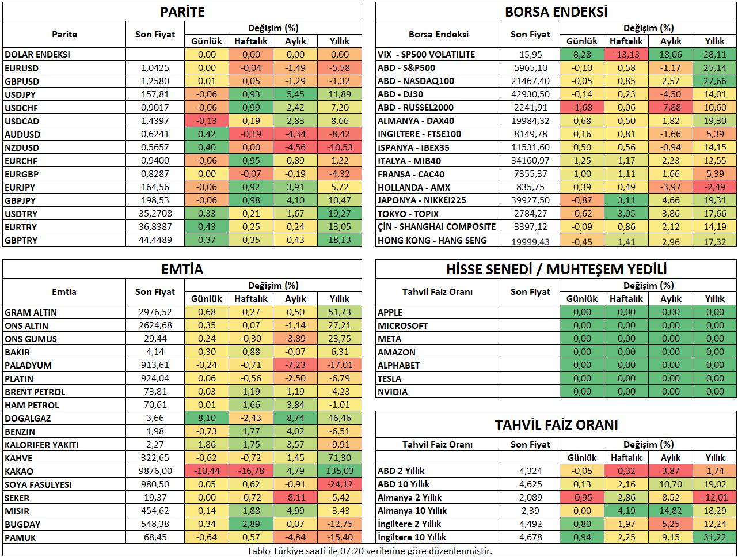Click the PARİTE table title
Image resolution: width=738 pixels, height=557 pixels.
(x=182, y=12)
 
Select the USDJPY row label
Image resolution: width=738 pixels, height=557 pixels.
(x=20, y=94)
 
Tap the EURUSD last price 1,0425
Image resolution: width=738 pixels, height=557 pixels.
(x=155, y=68)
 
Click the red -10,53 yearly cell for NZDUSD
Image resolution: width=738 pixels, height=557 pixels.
(x=340, y=147)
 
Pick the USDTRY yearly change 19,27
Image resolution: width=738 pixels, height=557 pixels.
(x=340, y=214)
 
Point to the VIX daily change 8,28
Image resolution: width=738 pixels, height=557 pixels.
(x=581, y=55)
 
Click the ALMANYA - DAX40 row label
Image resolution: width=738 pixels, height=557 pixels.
(x=416, y=121)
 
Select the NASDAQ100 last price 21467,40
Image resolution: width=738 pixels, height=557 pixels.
(x=530, y=81)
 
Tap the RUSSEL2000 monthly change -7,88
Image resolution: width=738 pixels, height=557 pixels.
(x=671, y=108)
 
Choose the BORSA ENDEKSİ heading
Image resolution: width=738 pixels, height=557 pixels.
(x=556, y=12)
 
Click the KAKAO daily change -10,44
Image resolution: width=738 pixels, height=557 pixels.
(x=207, y=471)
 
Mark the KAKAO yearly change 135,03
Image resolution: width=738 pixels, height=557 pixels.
(x=340, y=471)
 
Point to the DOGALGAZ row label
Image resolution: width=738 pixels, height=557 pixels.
(x=28, y=418)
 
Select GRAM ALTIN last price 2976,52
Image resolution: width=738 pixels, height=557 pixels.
(x=155, y=312)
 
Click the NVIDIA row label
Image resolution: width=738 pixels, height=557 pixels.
(x=393, y=392)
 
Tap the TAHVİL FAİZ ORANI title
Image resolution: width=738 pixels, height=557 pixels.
(x=556, y=425)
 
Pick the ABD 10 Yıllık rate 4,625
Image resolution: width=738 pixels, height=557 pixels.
(x=530, y=484)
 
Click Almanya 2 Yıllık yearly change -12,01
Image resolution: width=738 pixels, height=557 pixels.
(x=715, y=498)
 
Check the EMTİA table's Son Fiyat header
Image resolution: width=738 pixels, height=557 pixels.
(x=155, y=291)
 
